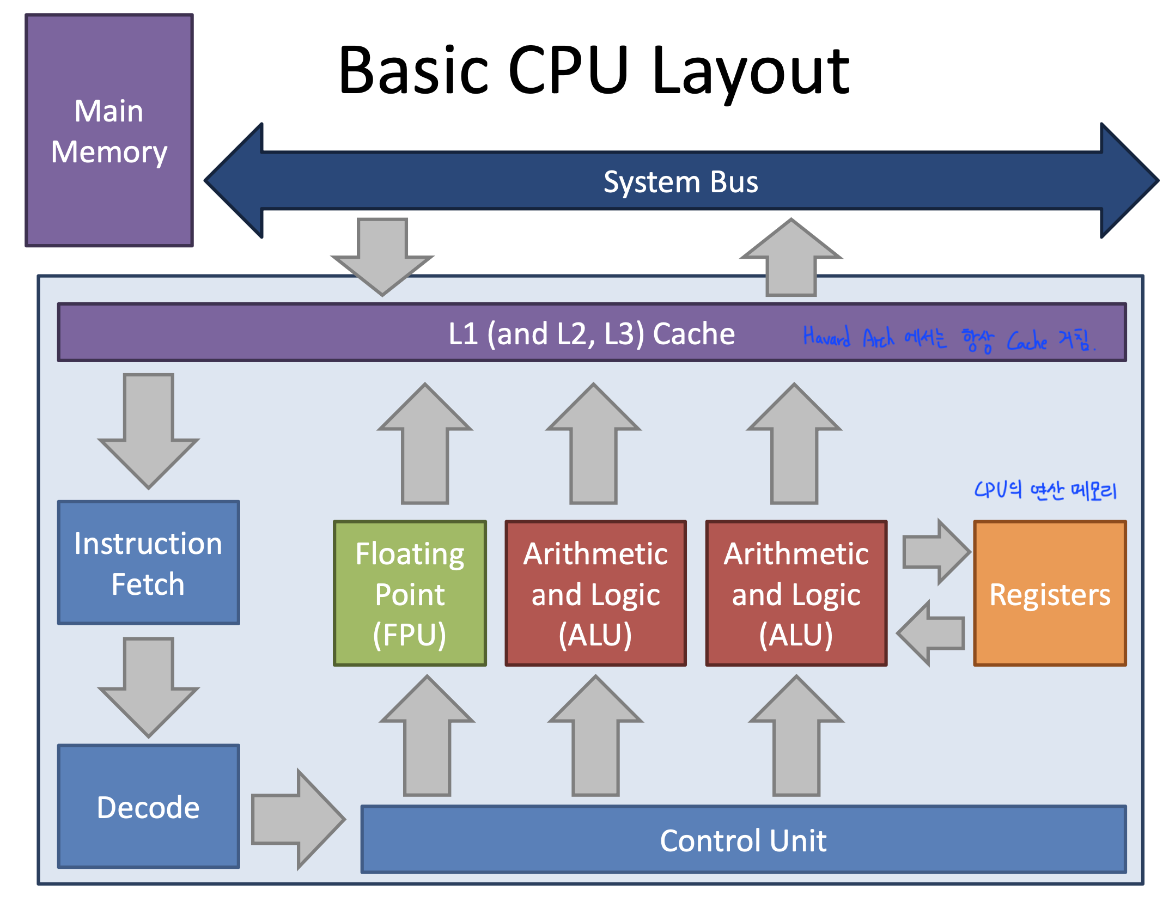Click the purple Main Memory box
click(x=109, y=131)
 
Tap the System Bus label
click(x=680, y=182)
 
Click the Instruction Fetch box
click(x=148, y=563)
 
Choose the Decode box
click(x=148, y=807)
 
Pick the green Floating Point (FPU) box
click(x=410, y=594)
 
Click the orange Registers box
click(x=1050, y=594)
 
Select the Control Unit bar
click(x=743, y=840)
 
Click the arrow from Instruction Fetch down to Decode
click(x=148, y=686)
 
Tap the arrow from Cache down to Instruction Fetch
click(x=148, y=430)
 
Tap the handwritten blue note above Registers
click(x=1045, y=491)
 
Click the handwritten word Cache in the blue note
click(x=1026, y=341)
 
